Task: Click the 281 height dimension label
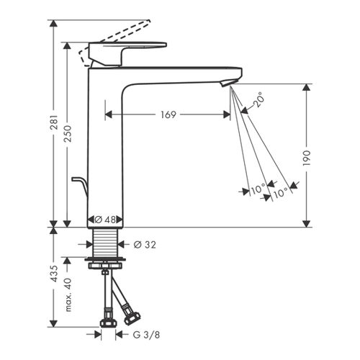pos(55,122)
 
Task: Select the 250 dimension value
pos(68,133)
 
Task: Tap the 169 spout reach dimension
pos(168,114)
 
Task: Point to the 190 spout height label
pos(307,158)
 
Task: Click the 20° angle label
pos(258,100)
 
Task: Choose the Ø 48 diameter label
pos(105,220)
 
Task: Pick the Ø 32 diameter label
pos(145,245)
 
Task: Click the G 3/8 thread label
pos(146,335)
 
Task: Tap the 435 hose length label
pos(55,274)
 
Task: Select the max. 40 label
pos(68,295)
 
